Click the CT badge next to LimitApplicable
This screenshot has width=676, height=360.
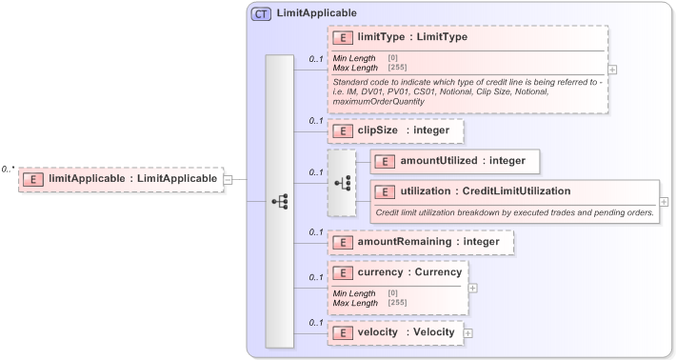pyautogui.click(x=260, y=14)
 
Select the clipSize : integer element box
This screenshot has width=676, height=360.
pyautogui.click(x=395, y=130)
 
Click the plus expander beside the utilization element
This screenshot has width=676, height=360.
pyautogui.click(x=664, y=202)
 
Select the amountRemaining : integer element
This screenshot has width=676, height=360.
pyautogui.click(x=421, y=243)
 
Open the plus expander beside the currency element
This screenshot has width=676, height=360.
pyautogui.click(x=473, y=288)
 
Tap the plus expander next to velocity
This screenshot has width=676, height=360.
pyautogui.click(x=468, y=332)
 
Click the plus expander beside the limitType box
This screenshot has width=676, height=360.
pyautogui.click(x=613, y=70)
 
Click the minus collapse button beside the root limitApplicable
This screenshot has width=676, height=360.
pyautogui.click(x=229, y=178)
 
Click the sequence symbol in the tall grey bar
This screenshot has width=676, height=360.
pyautogui.click(x=279, y=202)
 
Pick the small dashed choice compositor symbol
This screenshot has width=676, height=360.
pyautogui.click(x=341, y=181)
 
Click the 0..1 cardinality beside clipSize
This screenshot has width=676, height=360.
pyautogui.click(x=315, y=121)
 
